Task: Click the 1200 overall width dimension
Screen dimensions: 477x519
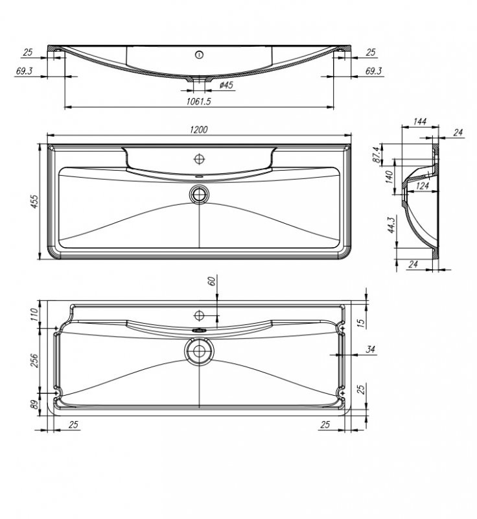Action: point(199,129)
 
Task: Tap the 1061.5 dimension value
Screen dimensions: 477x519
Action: point(198,101)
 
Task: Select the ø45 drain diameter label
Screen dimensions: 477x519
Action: point(226,85)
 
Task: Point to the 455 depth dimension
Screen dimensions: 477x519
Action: point(34,201)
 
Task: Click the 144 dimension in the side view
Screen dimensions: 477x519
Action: point(419,121)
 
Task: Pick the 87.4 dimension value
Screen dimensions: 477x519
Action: point(376,154)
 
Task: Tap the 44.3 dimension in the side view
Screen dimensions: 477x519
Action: point(391,225)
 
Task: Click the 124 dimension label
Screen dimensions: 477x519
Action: point(422,186)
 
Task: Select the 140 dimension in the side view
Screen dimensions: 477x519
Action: point(390,176)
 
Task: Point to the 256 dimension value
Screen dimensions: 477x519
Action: point(34,360)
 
